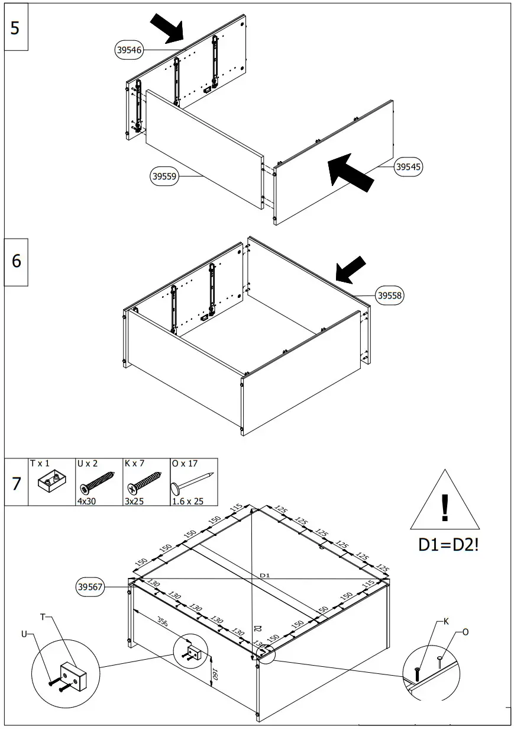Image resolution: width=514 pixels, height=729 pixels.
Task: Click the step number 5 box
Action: (x=15, y=27)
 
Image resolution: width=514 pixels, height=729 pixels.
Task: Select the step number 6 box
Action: (x=16, y=260)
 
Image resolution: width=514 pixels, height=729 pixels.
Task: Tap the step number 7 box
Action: (x=16, y=483)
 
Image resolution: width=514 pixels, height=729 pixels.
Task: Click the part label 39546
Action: (x=128, y=50)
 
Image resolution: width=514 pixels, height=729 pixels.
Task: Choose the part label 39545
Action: (x=408, y=167)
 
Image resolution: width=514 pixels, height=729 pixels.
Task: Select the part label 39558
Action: (x=390, y=296)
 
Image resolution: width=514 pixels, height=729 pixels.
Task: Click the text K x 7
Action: (x=134, y=463)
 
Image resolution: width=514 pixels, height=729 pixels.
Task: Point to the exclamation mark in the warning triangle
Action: (x=445, y=508)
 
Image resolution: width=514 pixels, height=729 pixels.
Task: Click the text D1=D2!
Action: (x=448, y=545)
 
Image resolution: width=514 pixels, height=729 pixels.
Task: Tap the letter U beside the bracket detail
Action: (x=24, y=634)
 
